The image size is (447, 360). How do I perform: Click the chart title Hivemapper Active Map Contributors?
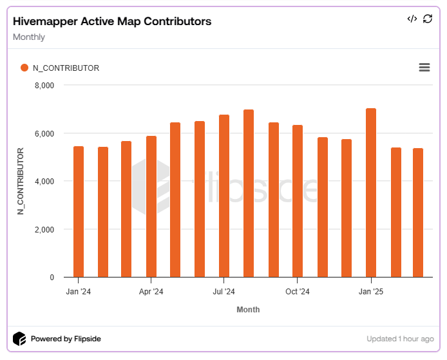(112, 21)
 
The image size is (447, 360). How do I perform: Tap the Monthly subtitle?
(29, 37)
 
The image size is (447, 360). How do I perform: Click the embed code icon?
(412, 19)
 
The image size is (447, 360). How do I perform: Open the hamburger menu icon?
(424, 68)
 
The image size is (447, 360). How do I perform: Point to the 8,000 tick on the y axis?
(44, 86)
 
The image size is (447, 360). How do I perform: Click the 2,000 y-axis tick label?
(44, 230)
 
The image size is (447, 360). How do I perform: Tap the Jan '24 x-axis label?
(79, 292)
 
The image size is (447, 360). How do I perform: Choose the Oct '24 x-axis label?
(298, 292)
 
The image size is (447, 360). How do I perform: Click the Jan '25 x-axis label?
(371, 292)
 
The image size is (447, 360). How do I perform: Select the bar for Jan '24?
(79, 213)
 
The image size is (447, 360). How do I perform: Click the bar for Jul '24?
(224, 196)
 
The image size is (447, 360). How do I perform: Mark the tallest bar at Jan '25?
(371, 193)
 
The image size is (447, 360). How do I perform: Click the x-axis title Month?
(248, 310)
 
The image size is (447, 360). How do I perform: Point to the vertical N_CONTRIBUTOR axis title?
(21, 181)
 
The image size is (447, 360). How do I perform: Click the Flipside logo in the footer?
(20, 339)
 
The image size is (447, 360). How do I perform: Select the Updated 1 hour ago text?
(400, 339)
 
